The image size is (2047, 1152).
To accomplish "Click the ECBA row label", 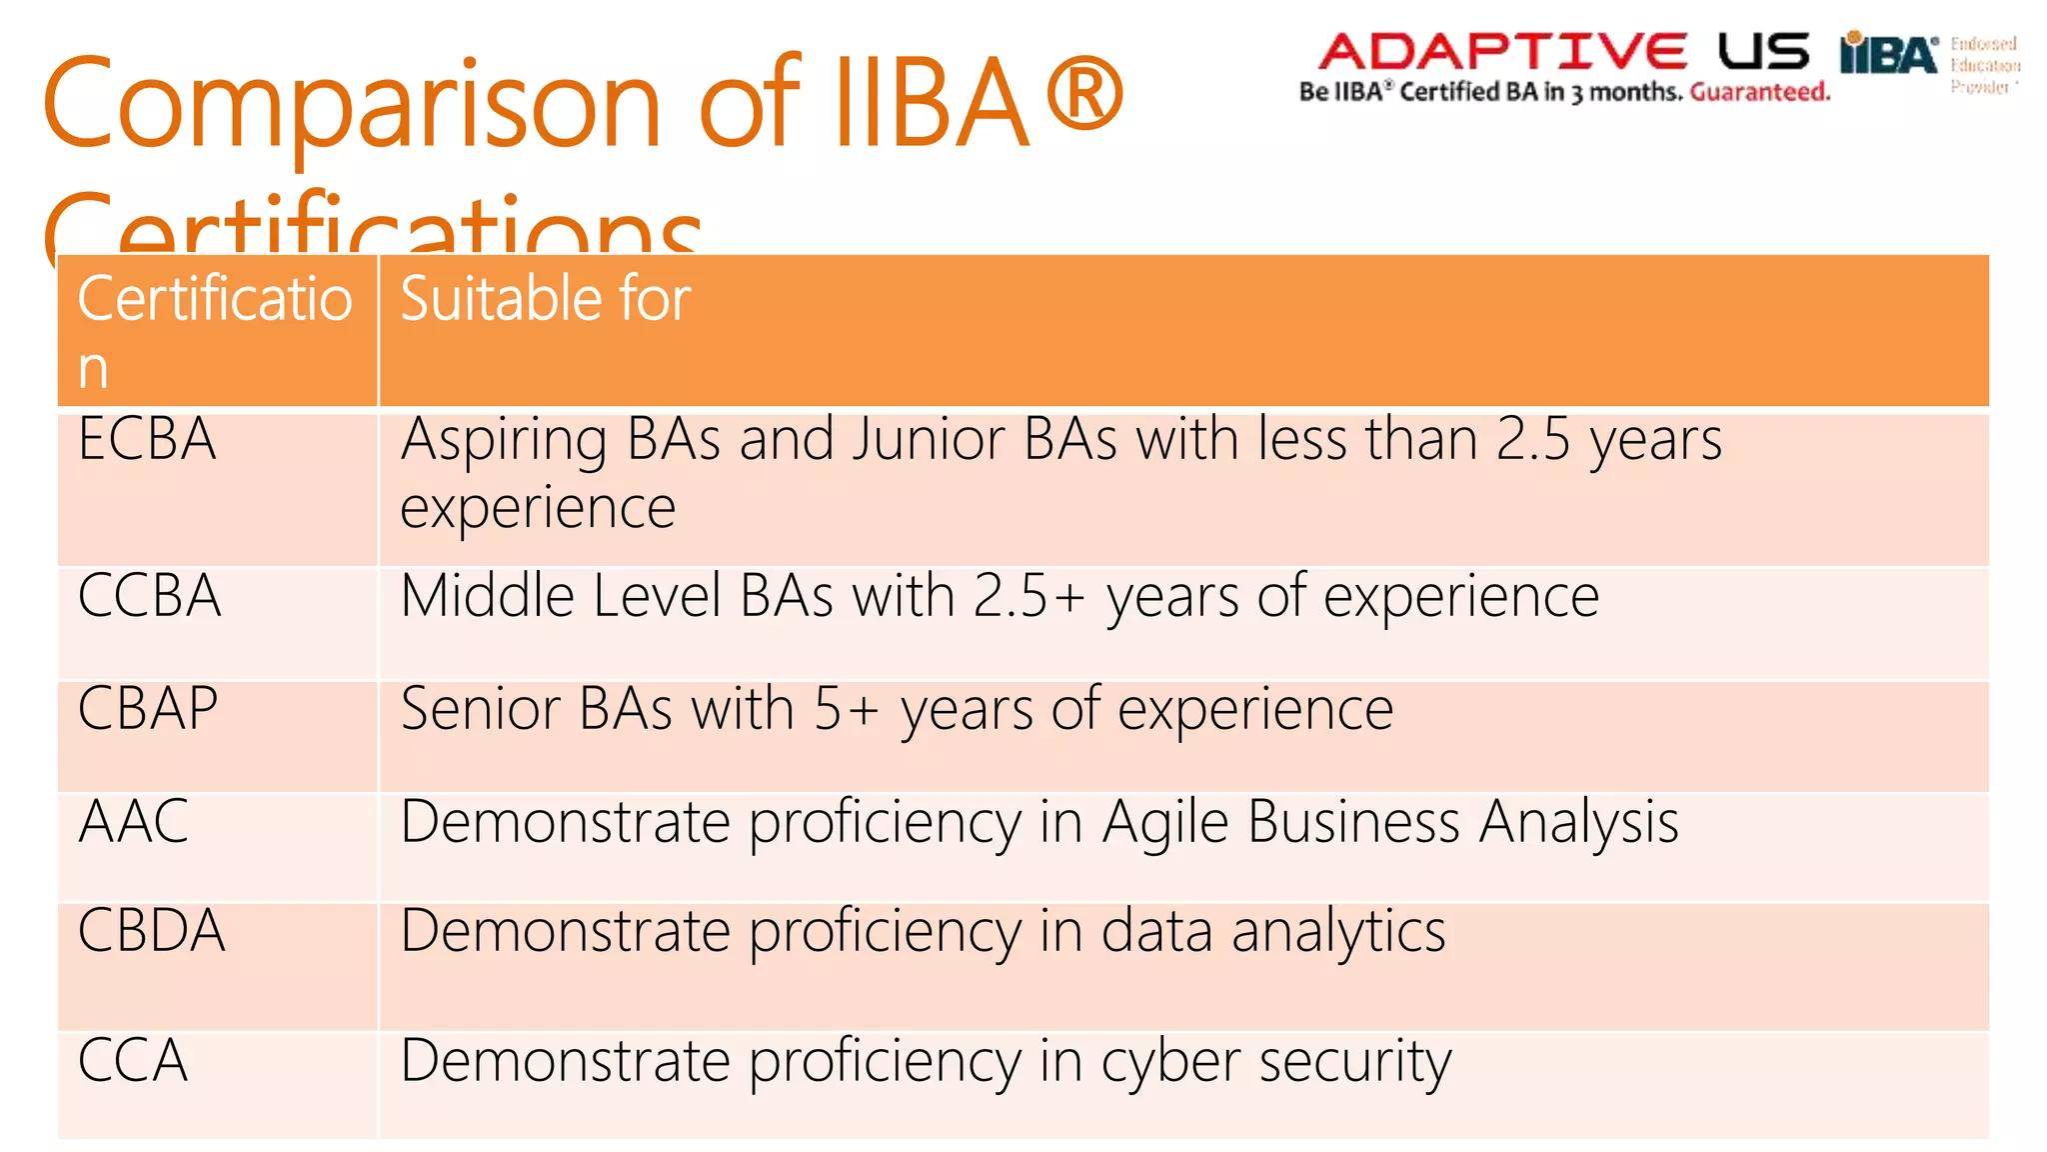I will (147, 440).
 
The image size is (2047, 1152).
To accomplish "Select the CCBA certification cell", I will (149, 597).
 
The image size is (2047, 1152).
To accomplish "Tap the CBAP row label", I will (148, 710).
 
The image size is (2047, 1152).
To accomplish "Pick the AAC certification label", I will (133, 822).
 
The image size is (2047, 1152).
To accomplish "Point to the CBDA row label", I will (151, 932).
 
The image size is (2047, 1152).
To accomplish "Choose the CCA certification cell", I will (133, 1061).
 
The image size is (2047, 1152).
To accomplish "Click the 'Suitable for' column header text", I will (546, 299).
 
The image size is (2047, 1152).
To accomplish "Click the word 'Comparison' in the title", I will (351, 105).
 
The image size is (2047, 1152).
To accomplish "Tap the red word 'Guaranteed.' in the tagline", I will (1760, 93).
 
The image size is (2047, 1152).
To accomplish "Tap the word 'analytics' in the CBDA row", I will (1338, 932).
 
